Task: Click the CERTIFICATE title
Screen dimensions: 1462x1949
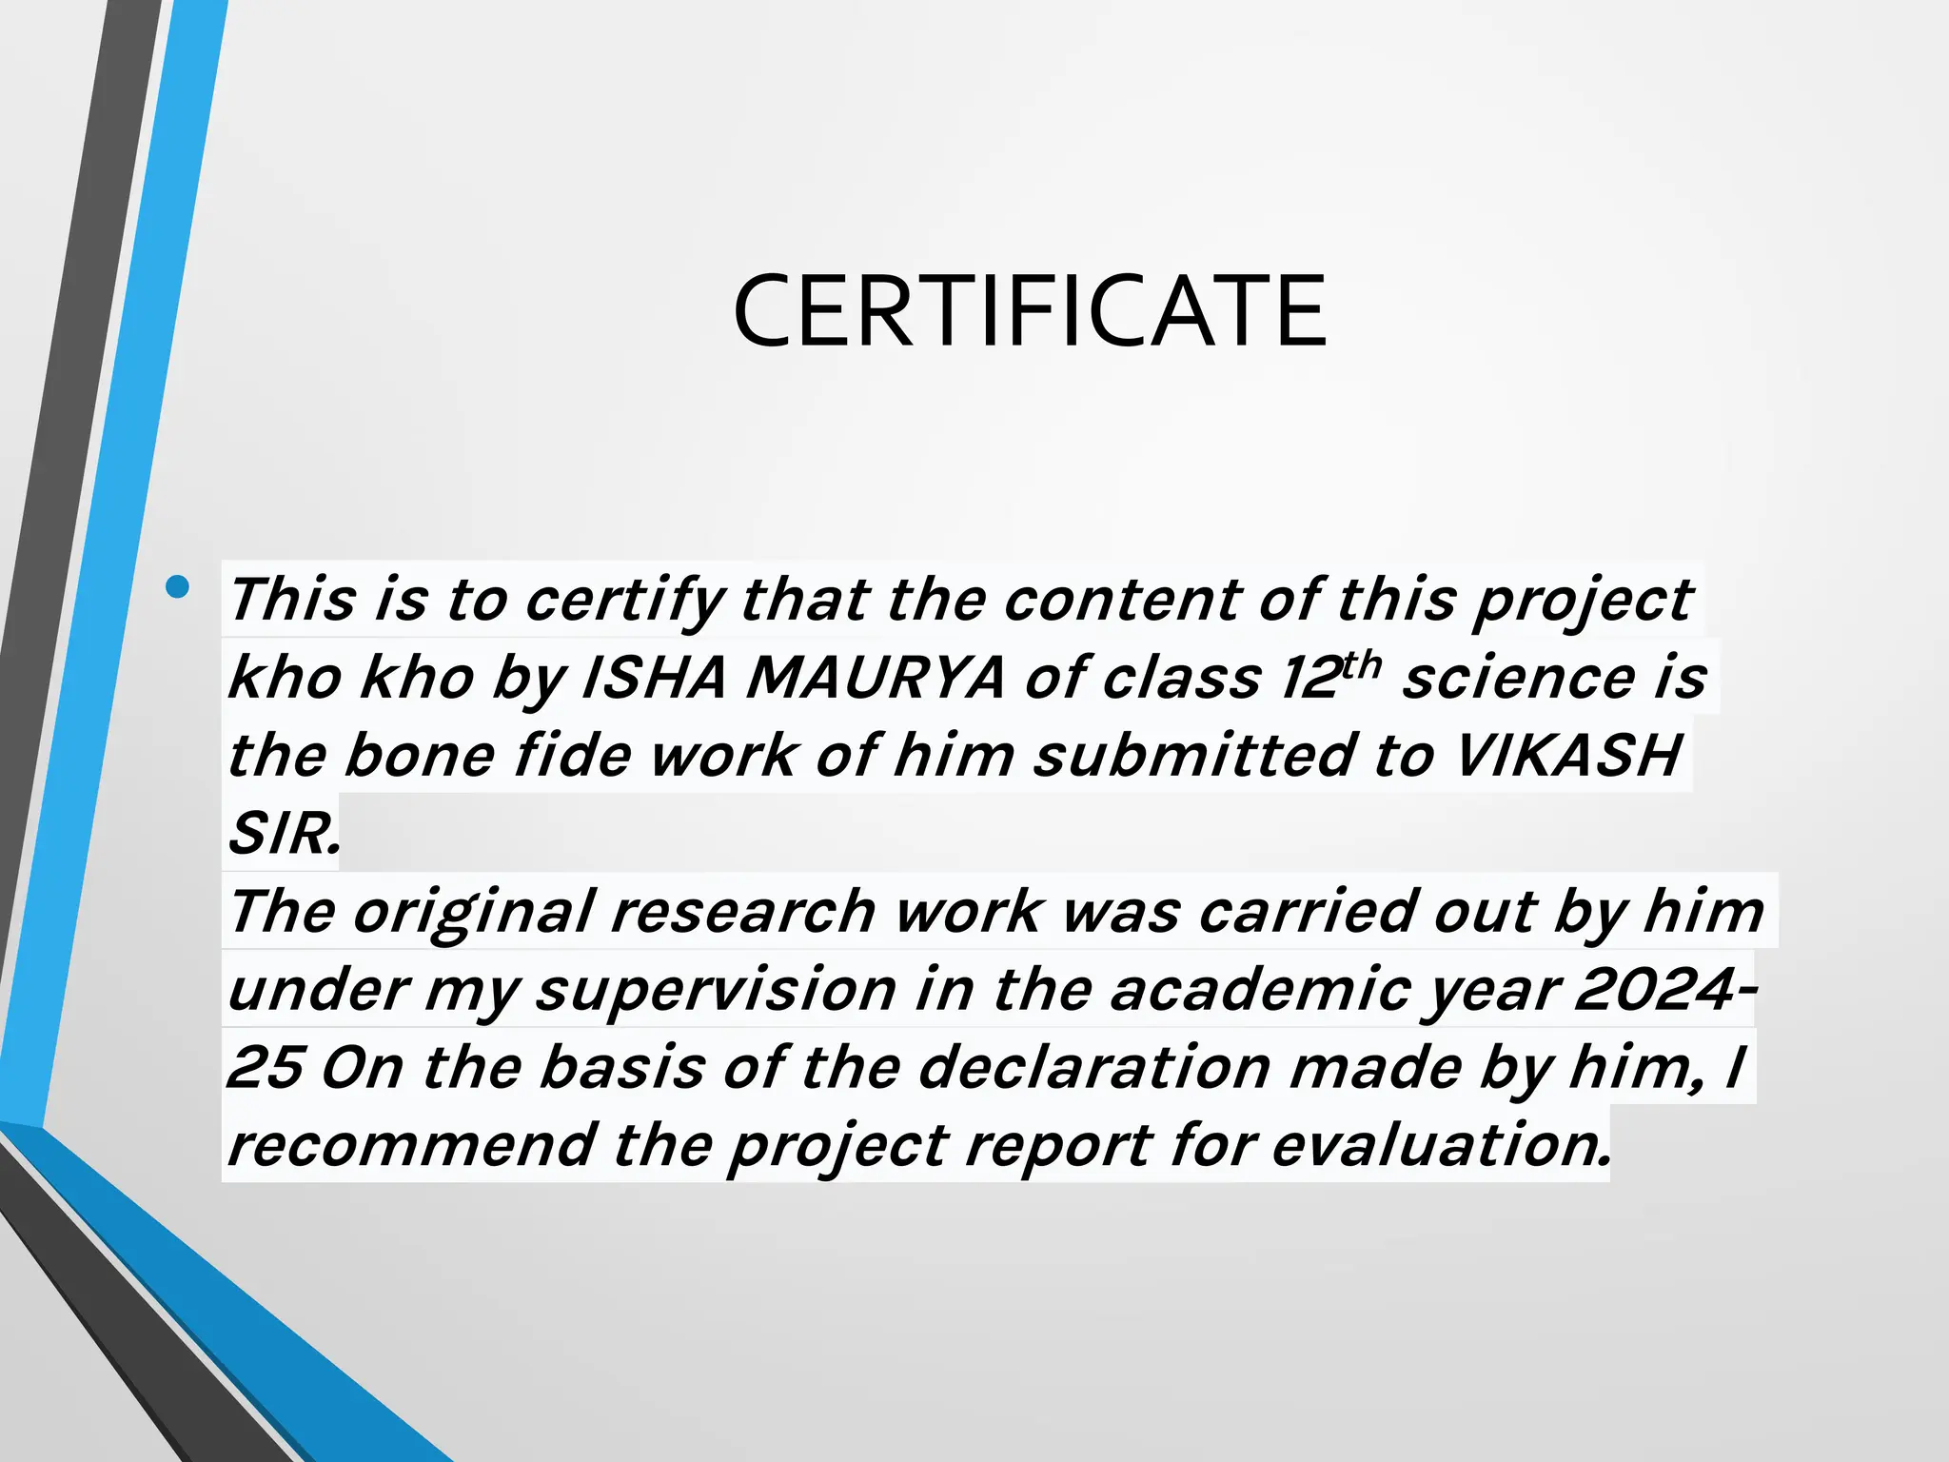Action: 1030,311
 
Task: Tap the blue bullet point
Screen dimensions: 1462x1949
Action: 177,586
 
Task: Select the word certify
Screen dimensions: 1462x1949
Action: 624,602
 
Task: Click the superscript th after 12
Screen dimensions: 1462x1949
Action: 1362,664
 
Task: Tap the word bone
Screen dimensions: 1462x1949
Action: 420,756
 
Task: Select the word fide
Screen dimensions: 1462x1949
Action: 573,756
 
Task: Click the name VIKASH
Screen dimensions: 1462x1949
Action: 1568,756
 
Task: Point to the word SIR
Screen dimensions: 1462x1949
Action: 283,834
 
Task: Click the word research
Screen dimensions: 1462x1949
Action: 742,912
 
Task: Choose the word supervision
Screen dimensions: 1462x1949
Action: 716,990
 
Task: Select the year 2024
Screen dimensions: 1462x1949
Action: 1654,990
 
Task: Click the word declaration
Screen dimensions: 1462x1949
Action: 1094,1068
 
